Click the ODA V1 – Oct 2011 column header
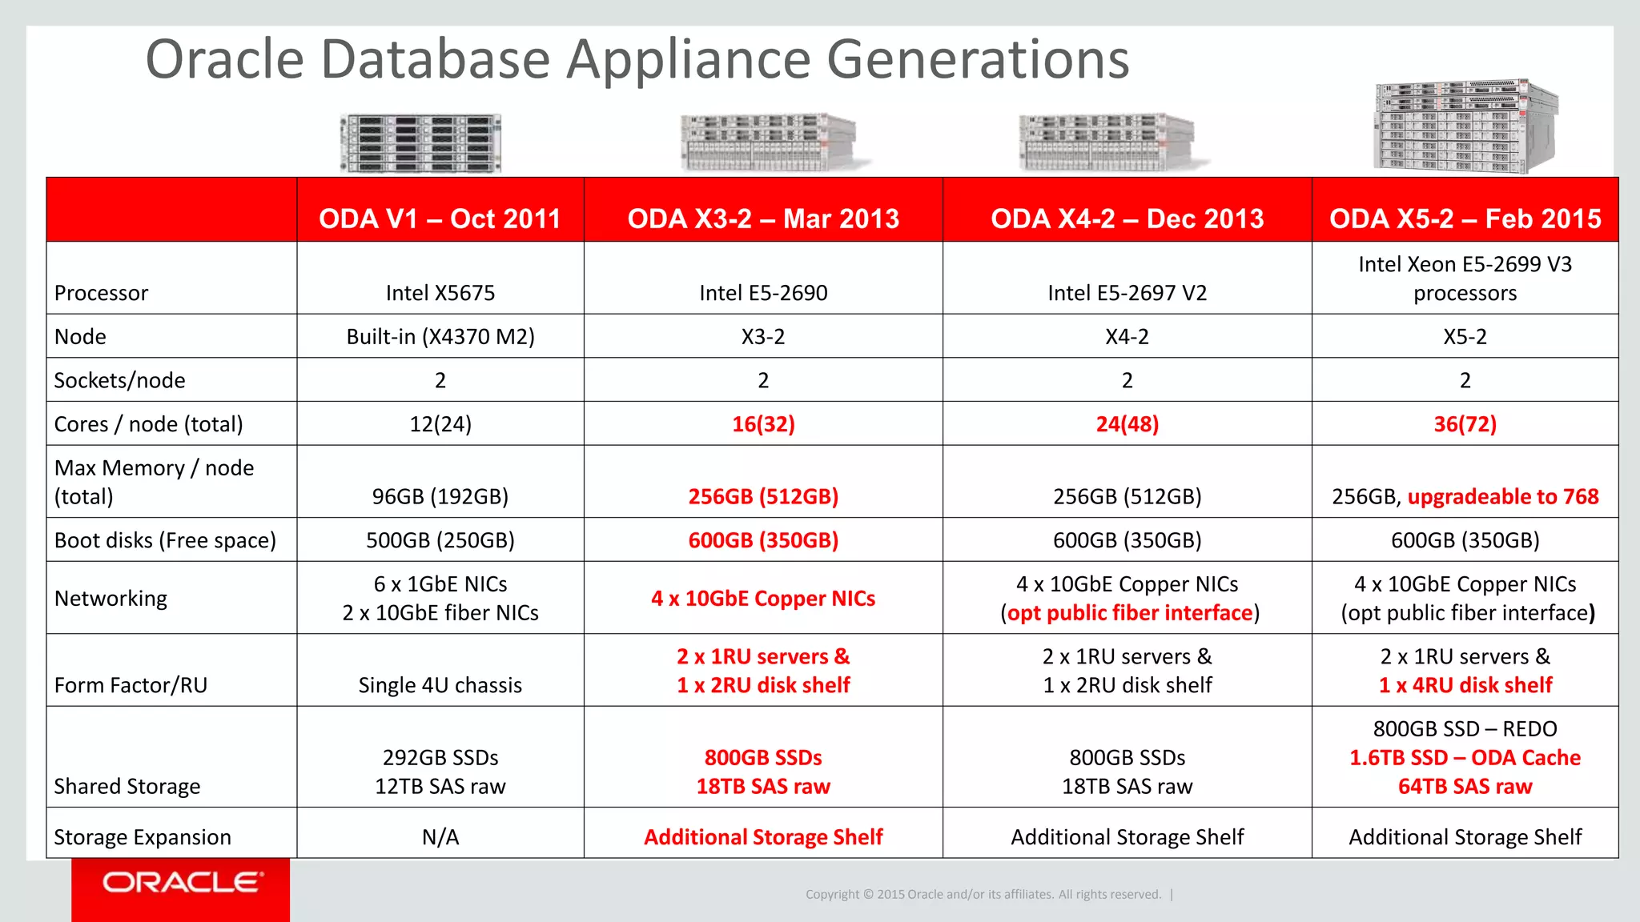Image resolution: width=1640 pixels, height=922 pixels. click(440, 218)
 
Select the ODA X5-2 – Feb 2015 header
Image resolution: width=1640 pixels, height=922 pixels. click(1465, 218)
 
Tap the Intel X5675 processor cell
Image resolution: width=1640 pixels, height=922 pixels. click(440, 293)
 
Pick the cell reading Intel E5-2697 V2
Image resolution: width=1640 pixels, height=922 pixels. click(1127, 293)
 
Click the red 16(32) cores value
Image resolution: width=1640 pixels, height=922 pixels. click(763, 424)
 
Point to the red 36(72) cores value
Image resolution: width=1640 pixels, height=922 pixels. click(1465, 424)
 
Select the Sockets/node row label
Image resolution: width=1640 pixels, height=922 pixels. click(119, 380)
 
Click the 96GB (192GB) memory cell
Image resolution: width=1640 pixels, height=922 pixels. click(440, 496)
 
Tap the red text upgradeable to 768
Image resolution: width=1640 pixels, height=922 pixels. click(1502, 496)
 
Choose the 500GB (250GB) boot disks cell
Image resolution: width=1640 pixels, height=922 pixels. click(440, 540)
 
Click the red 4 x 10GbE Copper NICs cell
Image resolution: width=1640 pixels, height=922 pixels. click(763, 599)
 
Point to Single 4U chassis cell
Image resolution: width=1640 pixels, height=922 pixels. click(440, 685)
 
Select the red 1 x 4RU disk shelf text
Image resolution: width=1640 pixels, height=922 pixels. click(1465, 685)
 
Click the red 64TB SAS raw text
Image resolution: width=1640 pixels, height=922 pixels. click(1465, 787)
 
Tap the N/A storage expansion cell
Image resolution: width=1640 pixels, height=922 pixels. click(440, 837)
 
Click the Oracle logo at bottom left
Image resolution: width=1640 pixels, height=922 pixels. click(181, 883)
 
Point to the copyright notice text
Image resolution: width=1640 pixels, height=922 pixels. click(983, 894)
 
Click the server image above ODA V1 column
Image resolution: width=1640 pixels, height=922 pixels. click(420, 143)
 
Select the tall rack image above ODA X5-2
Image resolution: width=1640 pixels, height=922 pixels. click(1465, 126)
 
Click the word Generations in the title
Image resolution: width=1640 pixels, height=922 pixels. click(977, 60)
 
